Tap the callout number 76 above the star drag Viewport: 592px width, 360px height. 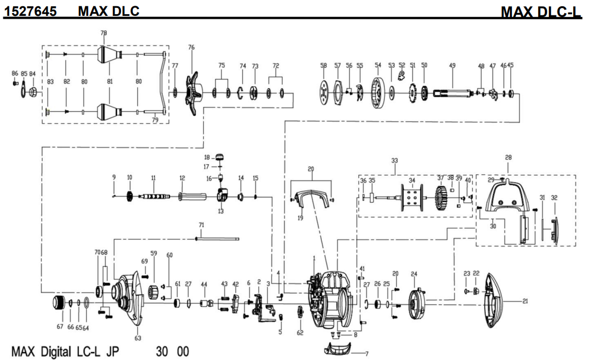[191, 48]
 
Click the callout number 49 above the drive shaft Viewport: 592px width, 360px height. [452, 65]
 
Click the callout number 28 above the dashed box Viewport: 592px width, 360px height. [508, 157]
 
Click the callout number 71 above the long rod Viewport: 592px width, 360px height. [201, 225]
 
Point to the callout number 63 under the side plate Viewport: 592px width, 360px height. [137, 338]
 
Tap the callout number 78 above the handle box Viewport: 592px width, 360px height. [103, 34]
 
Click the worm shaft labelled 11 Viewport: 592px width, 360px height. [154, 196]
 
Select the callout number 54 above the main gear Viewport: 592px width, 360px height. [377, 65]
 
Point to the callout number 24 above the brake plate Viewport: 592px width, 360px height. [414, 274]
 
